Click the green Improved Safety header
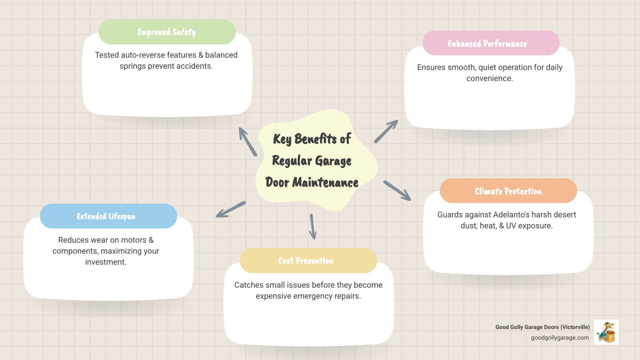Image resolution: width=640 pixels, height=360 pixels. pyautogui.click(x=167, y=32)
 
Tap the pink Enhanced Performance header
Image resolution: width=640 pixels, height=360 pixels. pyautogui.click(x=491, y=43)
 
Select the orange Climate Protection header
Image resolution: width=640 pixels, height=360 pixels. pyautogui.click(x=508, y=191)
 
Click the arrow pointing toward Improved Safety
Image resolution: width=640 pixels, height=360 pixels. pyautogui.click(x=248, y=141)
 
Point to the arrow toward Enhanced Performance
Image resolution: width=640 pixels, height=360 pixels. pyautogui.click(x=386, y=132)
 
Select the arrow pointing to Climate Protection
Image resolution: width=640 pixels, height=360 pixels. pyautogui.click(x=397, y=191)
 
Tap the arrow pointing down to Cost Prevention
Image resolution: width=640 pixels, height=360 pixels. pyautogui.click(x=313, y=227)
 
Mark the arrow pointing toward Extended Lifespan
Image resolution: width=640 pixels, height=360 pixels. pyautogui.click(x=231, y=209)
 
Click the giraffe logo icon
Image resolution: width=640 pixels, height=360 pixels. pyautogui.click(x=606, y=332)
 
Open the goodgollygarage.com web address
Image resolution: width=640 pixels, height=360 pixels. pyautogui.click(x=560, y=338)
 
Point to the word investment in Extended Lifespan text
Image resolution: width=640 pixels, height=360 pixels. pyautogui.click(x=105, y=262)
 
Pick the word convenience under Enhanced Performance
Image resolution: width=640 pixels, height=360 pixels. pyautogui.click(x=489, y=78)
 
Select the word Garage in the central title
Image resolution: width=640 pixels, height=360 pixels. pyautogui.click(x=333, y=161)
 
